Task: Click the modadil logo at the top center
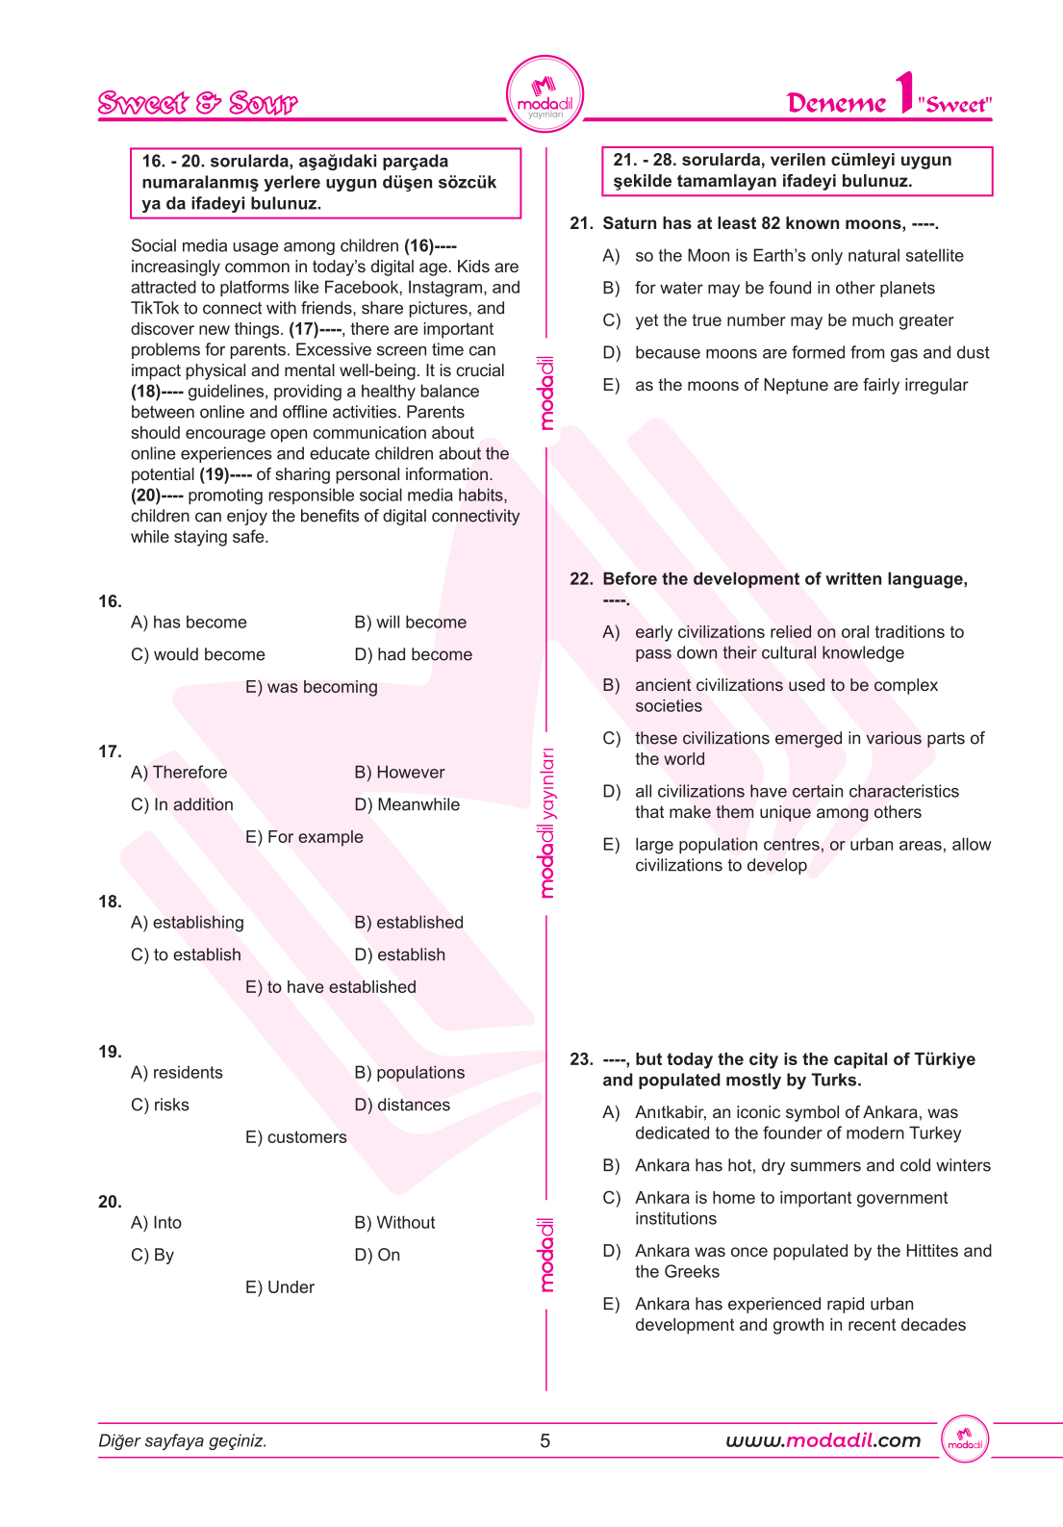(544, 95)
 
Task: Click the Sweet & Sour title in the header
(198, 103)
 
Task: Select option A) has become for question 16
(189, 623)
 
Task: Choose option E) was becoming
(311, 687)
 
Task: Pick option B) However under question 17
(399, 773)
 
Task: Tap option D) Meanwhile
(407, 804)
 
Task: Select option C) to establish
(186, 954)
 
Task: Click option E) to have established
(330, 987)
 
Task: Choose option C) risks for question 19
(160, 1105)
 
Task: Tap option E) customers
(295, 1137)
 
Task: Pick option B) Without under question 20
(394, 1223)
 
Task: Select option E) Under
(279, 1287)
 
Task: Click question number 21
(581, 224)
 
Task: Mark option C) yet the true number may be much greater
(793, 320)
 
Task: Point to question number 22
(581, 579)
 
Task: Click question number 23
(581, 1059)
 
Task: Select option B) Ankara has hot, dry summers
(811, 1166)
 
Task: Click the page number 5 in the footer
(545, 1440)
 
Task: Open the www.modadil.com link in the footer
(823, 1440)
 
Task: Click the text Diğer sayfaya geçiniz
(183, 1440)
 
